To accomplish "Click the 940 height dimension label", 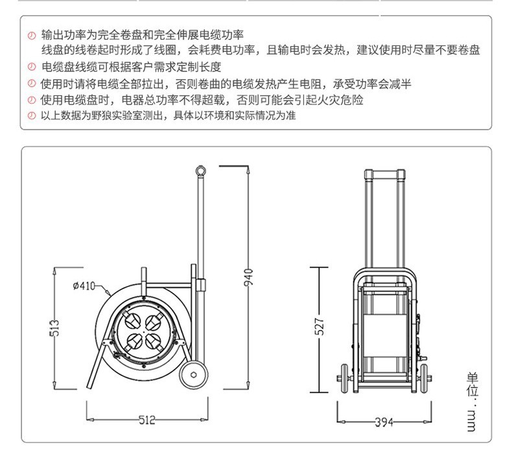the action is (x=248, y=277).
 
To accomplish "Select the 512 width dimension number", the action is (x=147, y=420).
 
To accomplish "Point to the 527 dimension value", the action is (x=320, y=326).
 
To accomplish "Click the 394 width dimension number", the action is (x=384, y=422).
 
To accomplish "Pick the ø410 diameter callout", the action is (x=84, y=286).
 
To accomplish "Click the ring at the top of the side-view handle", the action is (x=200, y=170).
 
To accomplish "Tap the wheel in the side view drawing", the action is (x=194, y=375).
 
